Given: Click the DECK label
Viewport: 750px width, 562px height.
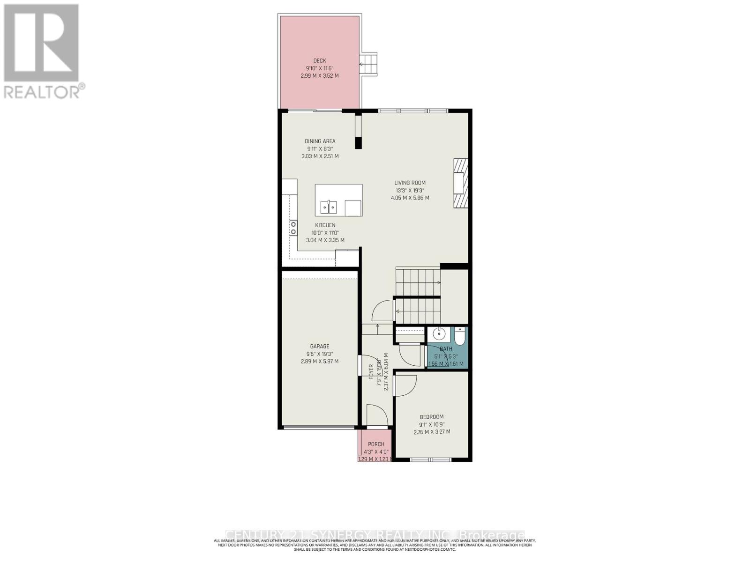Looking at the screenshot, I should [x=320, y=60].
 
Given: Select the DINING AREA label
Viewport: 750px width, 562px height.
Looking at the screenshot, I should [x=320, y=141].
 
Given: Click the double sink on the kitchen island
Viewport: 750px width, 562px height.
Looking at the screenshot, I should [x=329, y=207].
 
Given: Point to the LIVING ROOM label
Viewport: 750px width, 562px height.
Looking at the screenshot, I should [x=410, y=183].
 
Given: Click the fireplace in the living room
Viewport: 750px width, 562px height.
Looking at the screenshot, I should [x=460, y=183].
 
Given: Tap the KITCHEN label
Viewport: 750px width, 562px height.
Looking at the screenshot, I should [x=325, y=225].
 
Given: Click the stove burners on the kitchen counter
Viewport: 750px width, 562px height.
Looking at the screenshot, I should [x=293, y=228].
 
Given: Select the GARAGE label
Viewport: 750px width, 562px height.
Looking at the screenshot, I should [x=319, y=347].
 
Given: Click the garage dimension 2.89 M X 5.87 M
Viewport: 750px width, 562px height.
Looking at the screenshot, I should [x=319, y=362].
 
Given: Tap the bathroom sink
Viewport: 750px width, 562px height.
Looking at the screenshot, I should [x=439, y=334].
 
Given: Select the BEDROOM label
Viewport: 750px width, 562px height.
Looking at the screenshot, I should [x=431, y=417].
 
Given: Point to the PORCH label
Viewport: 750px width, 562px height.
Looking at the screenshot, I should [x=376, y=444].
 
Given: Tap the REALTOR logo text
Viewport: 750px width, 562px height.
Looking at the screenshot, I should [x=44, y=91].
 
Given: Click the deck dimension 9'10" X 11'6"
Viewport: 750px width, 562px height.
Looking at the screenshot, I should [x=320, y=68].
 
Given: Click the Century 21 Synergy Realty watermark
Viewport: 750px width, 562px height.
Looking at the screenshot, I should [x=375, y=535].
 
